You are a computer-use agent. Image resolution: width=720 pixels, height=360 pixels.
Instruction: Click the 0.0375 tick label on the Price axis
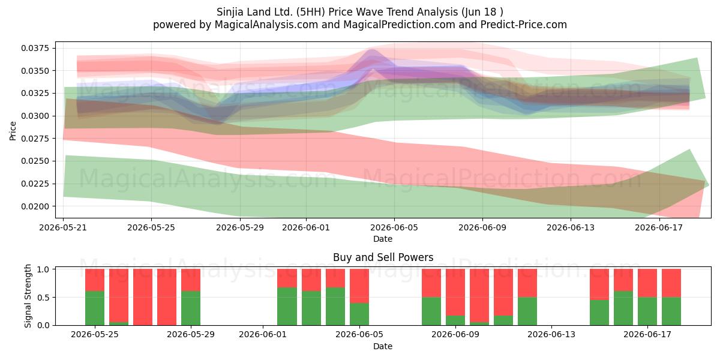[35, 48]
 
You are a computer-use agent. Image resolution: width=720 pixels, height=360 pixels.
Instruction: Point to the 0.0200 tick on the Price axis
[35, 206]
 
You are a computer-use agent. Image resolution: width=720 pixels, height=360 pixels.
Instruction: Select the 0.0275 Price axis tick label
[35, 139]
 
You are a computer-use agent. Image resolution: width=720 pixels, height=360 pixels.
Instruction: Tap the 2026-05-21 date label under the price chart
[63, 227]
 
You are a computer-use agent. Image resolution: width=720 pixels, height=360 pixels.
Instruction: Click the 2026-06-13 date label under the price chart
[571, 227]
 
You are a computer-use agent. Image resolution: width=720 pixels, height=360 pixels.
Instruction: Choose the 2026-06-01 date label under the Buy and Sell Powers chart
[263, 334]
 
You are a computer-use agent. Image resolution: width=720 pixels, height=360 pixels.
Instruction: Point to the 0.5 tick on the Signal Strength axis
[43, 298]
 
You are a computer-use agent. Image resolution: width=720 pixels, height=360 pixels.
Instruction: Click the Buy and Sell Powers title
[383, 257]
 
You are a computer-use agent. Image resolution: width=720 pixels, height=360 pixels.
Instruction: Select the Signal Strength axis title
[28, 296]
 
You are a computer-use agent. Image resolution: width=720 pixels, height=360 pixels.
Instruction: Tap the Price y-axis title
[13, 131]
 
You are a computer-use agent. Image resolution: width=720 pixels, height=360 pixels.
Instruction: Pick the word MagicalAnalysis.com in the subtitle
[266, 25]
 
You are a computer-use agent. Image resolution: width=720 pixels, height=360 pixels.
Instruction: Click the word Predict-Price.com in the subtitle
[524, 25]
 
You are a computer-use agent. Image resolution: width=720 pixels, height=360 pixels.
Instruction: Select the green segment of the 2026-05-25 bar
[95, 308]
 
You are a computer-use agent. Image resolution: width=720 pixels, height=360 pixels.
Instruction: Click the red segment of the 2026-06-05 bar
[359, 286]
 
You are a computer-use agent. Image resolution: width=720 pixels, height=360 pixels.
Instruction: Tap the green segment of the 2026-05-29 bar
[191, 308]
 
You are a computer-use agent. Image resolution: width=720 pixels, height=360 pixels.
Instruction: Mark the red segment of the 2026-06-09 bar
[455, 292]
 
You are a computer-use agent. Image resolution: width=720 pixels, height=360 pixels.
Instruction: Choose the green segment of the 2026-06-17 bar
[647, 311]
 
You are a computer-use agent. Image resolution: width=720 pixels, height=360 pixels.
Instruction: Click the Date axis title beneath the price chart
[383, 239]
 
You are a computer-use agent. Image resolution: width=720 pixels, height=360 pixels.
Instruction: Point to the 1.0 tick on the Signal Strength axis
[43, 269]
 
